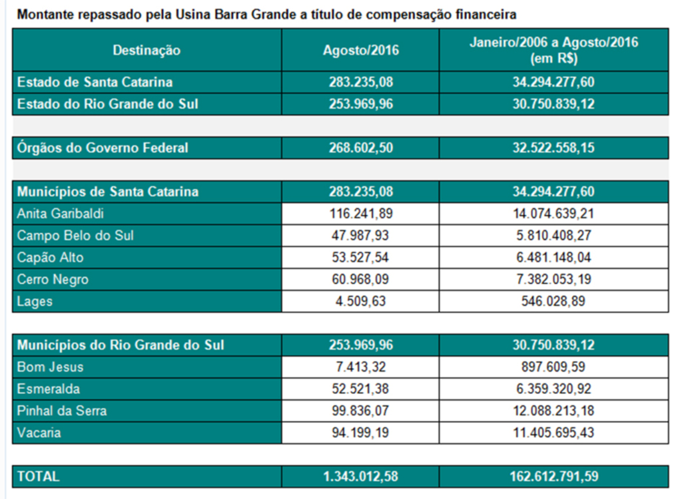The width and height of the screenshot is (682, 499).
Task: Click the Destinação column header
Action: (147, 50)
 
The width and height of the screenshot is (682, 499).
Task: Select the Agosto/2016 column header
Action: (360, 50)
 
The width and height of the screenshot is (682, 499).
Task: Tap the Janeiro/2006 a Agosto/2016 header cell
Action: (553, 50)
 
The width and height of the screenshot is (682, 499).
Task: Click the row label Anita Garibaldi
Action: (61, 214)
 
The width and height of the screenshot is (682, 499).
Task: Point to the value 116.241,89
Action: (360, 214)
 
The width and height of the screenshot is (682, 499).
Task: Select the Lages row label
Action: (35, 301)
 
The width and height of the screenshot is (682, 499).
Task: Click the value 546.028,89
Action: (553, 301)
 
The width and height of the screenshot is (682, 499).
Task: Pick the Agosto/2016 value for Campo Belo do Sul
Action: (360, 236)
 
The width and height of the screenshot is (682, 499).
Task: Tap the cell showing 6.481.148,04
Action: (553, 257)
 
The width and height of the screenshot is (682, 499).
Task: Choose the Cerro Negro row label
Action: (53, 279)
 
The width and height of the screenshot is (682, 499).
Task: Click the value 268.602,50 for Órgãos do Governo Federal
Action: (360, 148)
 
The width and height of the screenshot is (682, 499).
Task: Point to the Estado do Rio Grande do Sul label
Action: (107, 104)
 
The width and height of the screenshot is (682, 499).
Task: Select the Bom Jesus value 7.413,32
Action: (360, 367)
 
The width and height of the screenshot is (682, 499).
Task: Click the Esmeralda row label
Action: (48, 389)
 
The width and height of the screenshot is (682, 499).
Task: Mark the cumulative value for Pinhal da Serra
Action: (553, 411)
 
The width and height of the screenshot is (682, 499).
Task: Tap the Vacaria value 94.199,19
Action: (360, 432)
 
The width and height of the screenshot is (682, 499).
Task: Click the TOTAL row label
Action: (38, 476)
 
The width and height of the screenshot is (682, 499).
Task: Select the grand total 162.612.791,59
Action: (553, 476)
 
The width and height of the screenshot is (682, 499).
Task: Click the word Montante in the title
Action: (44, 14)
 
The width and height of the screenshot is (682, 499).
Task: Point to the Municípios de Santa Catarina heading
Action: (108, 192)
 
